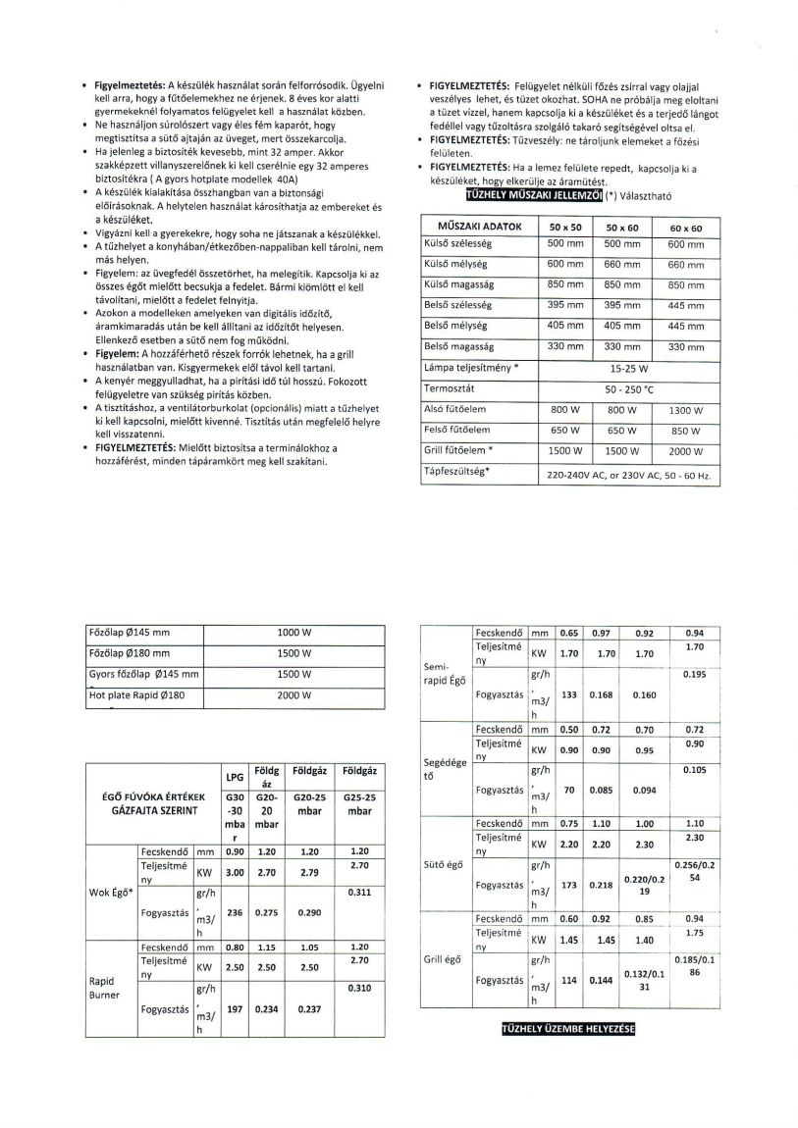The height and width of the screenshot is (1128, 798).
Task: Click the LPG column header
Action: click(235, 777)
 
